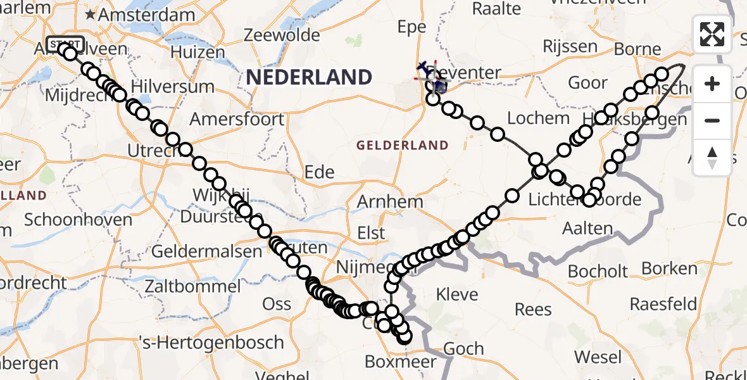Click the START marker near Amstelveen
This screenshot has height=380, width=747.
pos(65,44)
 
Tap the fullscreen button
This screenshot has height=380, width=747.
pos(712,34)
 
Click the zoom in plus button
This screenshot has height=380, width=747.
pos(712,84)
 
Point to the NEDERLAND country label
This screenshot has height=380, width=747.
pos(309,77)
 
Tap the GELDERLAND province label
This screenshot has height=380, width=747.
pos(402,145)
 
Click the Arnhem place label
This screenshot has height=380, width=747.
pos(390,202)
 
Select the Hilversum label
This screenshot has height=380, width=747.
pos(165,87)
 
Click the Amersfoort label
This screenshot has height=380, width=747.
pos(237,119)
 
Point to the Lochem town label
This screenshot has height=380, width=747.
pos(529,118)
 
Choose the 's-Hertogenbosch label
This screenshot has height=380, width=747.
pos(211,343)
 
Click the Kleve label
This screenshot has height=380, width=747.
pos(458,294)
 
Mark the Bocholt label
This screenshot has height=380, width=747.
pos(598,272)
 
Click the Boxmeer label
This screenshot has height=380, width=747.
pos(401,362)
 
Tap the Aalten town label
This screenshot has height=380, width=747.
pos(587,229)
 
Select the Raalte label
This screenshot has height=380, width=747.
pos(496,8)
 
